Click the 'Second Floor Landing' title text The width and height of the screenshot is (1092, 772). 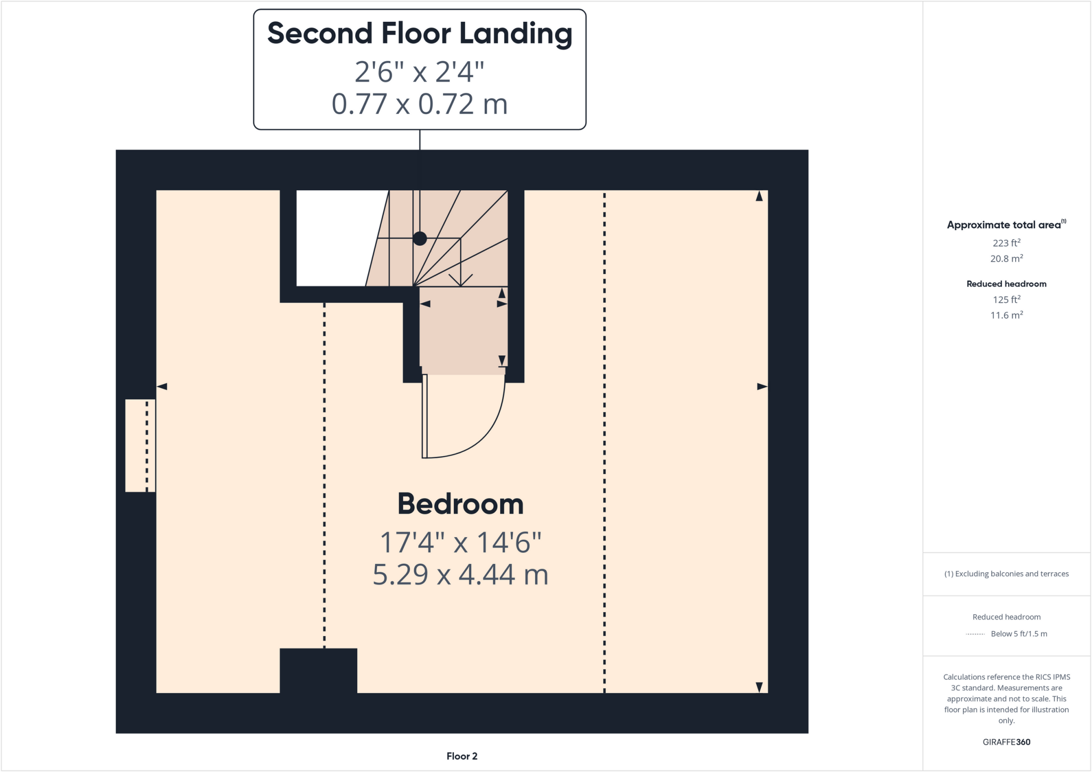(420, 34)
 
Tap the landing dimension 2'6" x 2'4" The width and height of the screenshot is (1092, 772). (420, 71)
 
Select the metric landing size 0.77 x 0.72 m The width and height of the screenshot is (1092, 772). (420, 104)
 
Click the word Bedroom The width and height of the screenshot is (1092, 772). (461, 504)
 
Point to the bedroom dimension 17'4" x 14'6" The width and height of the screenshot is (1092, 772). (461, 542)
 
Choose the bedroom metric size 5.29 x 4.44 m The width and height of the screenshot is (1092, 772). (461, 574)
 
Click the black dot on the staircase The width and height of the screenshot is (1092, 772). (420, 239)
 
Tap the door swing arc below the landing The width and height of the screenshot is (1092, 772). (491, 426)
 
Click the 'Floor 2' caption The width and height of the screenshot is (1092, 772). (462, 756)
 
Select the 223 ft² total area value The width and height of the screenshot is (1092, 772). (1006, 243)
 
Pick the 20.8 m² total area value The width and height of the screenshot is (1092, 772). (1006, 259)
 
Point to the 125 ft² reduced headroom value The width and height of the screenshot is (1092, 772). (1006, 299)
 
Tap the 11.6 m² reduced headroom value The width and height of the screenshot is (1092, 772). (1006, 315)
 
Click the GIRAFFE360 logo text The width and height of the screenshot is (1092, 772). (1006, 742)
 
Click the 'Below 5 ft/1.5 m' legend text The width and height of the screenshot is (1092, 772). (1018, 633)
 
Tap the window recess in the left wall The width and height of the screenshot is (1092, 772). (140, 445)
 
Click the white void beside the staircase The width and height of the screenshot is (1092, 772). (336, 238)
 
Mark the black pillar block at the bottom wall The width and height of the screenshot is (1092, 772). (318, 670)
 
